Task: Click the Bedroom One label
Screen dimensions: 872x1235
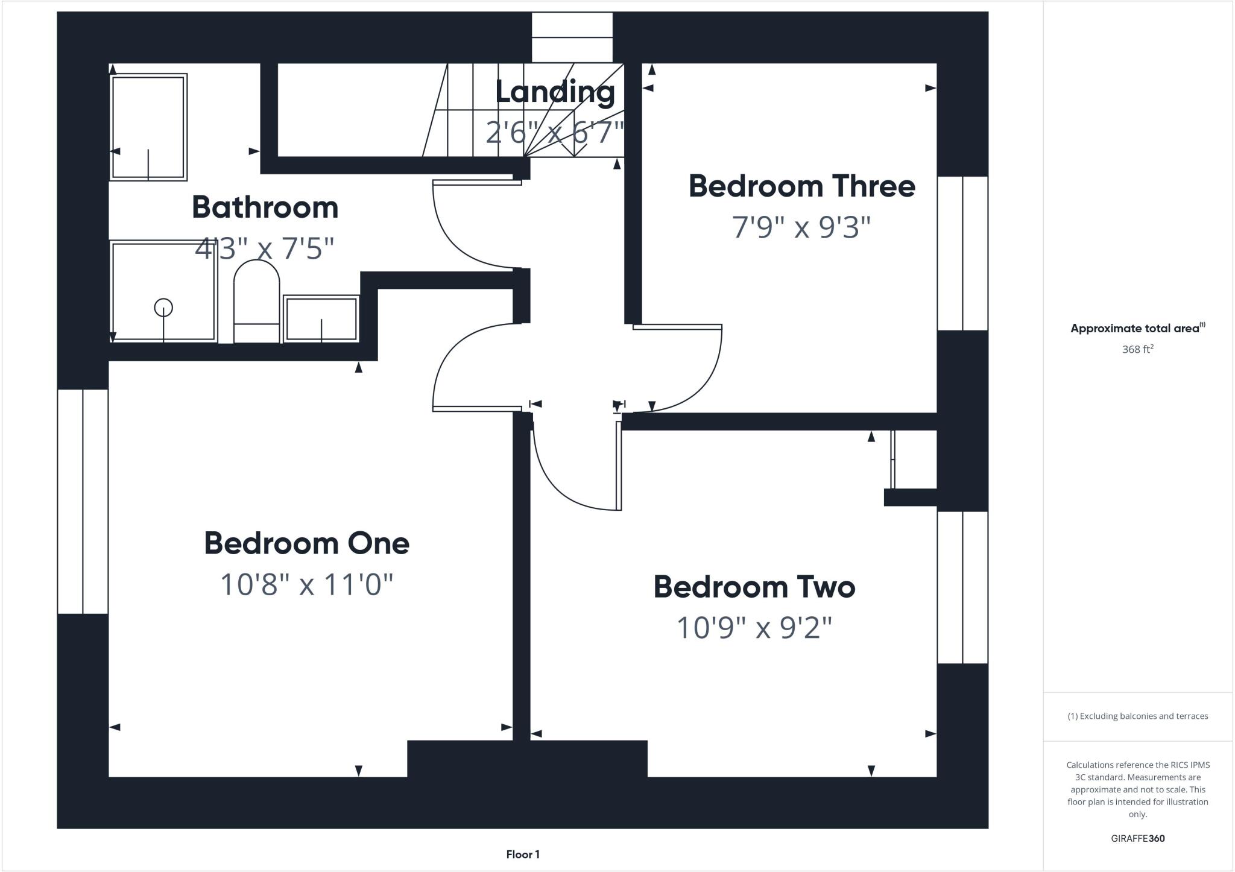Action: [306, 543]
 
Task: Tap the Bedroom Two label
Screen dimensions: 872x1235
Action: [754, 587]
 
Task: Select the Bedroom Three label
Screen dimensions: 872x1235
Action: [801, 186]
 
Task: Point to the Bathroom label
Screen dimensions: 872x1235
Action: [265, 207]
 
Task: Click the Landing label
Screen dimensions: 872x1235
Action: [555, 92]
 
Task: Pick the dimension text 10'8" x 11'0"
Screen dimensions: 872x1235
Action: [306, 584]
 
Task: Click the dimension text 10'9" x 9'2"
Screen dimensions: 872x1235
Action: [754, 628]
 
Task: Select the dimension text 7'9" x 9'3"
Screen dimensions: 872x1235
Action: [801, 227]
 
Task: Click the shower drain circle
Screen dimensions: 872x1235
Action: [163, 308]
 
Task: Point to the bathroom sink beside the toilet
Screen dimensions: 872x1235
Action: [321, 318]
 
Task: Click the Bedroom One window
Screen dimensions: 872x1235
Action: [83, 501]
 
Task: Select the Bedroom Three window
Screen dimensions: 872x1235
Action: [962, 253]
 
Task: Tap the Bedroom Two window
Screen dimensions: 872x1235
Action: [962, 587]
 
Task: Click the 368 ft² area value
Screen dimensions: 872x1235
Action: [1137, 349]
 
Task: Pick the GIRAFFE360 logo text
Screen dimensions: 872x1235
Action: [1137, 838]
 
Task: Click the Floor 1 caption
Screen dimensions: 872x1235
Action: [523, 854]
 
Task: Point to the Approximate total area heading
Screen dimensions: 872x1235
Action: [1137, 329]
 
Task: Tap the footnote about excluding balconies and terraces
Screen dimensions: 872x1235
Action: [1137, 716]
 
